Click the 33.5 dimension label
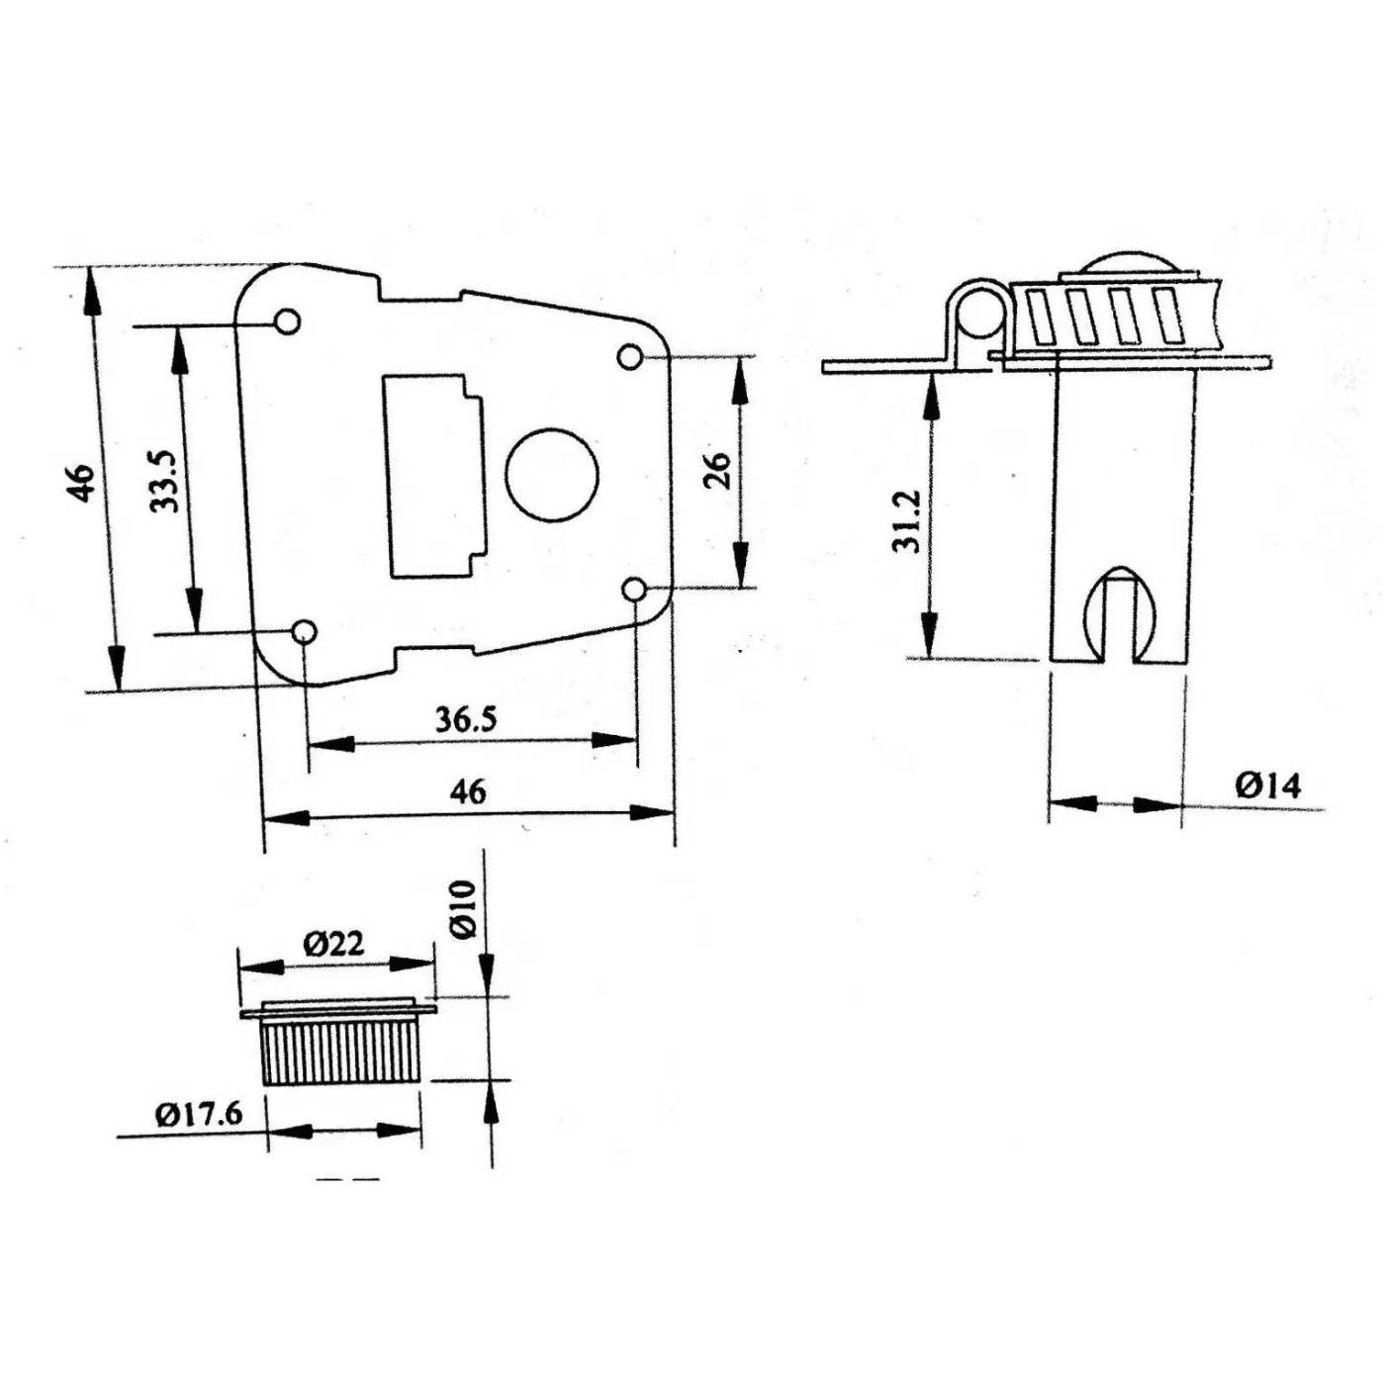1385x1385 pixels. (x=164, y=482)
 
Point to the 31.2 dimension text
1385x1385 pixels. (x=906, y=521)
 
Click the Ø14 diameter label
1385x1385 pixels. (x=1268, y=785)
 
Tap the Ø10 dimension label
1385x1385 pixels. (x=465, y=908)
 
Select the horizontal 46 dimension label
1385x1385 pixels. (x=468, y=792)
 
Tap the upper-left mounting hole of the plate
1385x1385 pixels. (x=288, y=322)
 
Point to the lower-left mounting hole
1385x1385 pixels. (x=304, y=632)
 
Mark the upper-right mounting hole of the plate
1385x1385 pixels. (x=629, y=356)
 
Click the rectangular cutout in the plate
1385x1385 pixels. (x=433, y=475)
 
